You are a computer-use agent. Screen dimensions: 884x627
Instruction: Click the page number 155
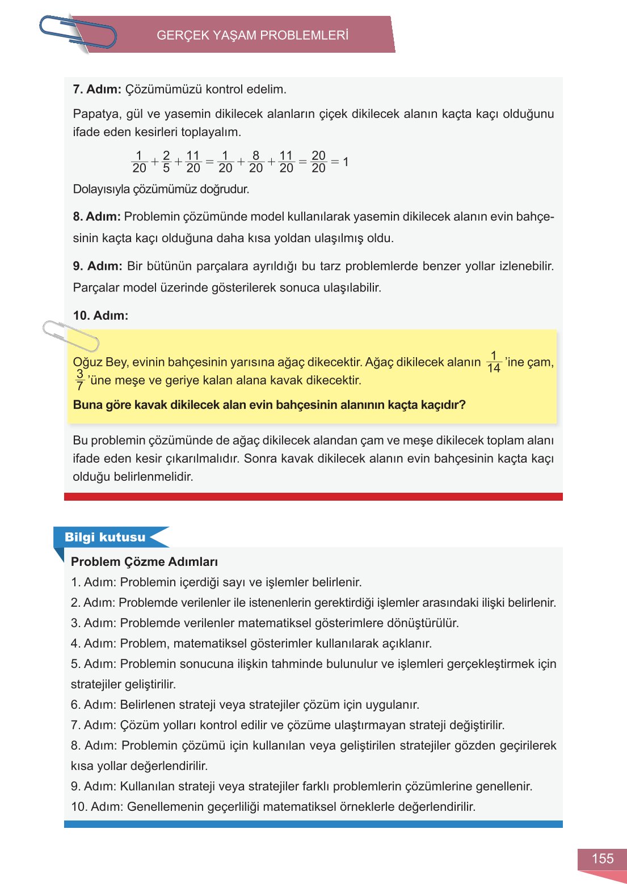(x=602, y=858)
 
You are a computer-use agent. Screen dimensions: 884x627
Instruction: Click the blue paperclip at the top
(x=78, y=32)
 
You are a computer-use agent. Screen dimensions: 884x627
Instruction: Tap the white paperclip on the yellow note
(x=70, y=335)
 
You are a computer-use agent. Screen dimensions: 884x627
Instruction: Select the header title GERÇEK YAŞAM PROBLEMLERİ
(x=252, y=35)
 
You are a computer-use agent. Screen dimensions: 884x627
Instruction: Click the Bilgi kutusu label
(x=105, y=537)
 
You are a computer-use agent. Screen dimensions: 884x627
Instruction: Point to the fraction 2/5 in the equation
(x=166, y=162)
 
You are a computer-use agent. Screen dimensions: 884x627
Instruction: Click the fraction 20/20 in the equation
(x=318, y=162)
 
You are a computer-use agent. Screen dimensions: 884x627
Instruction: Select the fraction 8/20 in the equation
(x=256, y=162)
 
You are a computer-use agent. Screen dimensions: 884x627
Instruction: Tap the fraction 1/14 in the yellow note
(x=494, y=362)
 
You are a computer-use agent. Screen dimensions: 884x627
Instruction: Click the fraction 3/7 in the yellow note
(x=80, y=380)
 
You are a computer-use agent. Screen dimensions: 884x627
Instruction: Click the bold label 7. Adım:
(x=97, y=89)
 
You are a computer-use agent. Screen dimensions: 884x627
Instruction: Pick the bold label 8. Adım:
(x=96, y=217)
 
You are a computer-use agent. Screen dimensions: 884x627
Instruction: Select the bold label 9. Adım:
(x=97, y=266)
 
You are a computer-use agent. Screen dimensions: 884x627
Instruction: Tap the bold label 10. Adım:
(x=100, y=315)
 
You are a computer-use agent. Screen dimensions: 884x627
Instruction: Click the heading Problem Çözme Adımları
(x=144, y=562)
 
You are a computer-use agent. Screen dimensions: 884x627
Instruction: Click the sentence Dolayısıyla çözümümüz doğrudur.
(x=161, y=189)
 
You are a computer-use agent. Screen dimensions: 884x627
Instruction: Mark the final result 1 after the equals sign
(x=346, y=162)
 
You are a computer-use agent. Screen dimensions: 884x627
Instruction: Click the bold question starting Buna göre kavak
(x=269, y=405)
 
